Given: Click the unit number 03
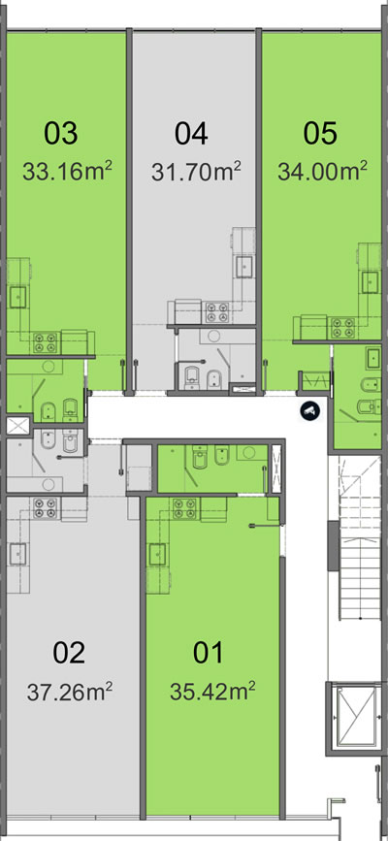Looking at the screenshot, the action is pos(61,134).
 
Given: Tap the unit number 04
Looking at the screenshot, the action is pos(191,134).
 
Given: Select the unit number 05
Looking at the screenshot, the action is pos(320,134).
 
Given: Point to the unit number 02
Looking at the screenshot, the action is pos(69,653).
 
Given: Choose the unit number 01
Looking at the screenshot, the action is pos(208,653).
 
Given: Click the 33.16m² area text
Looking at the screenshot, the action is pos(67,172).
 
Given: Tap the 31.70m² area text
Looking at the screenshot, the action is pos(196,172).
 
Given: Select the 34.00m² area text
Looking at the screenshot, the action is pos(323,172).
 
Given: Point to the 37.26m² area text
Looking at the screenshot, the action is pos(69,692).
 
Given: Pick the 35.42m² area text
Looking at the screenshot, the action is pos(212,692).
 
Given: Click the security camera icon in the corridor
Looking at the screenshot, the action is pos(310,410).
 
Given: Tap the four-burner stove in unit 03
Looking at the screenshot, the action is pos(46,342).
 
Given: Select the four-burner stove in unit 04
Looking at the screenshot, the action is pos(217,312).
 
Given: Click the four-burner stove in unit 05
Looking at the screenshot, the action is pos(342,328).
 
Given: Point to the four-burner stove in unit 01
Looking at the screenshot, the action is pos(185,508).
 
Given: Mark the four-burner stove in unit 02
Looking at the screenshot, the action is pos(46,508).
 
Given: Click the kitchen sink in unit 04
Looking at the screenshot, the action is pos(244,265).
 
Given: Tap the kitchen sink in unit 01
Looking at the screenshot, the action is pos(157,554).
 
